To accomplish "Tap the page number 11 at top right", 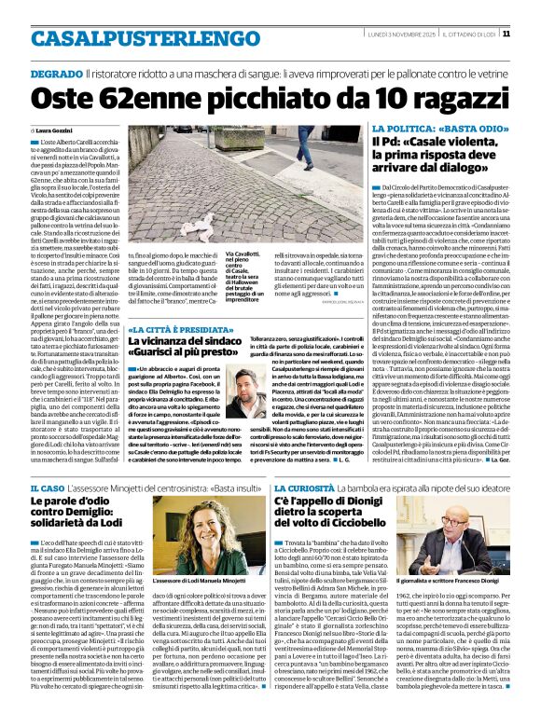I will coord(531,33).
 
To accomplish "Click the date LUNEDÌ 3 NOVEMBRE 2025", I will coord(397,33).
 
